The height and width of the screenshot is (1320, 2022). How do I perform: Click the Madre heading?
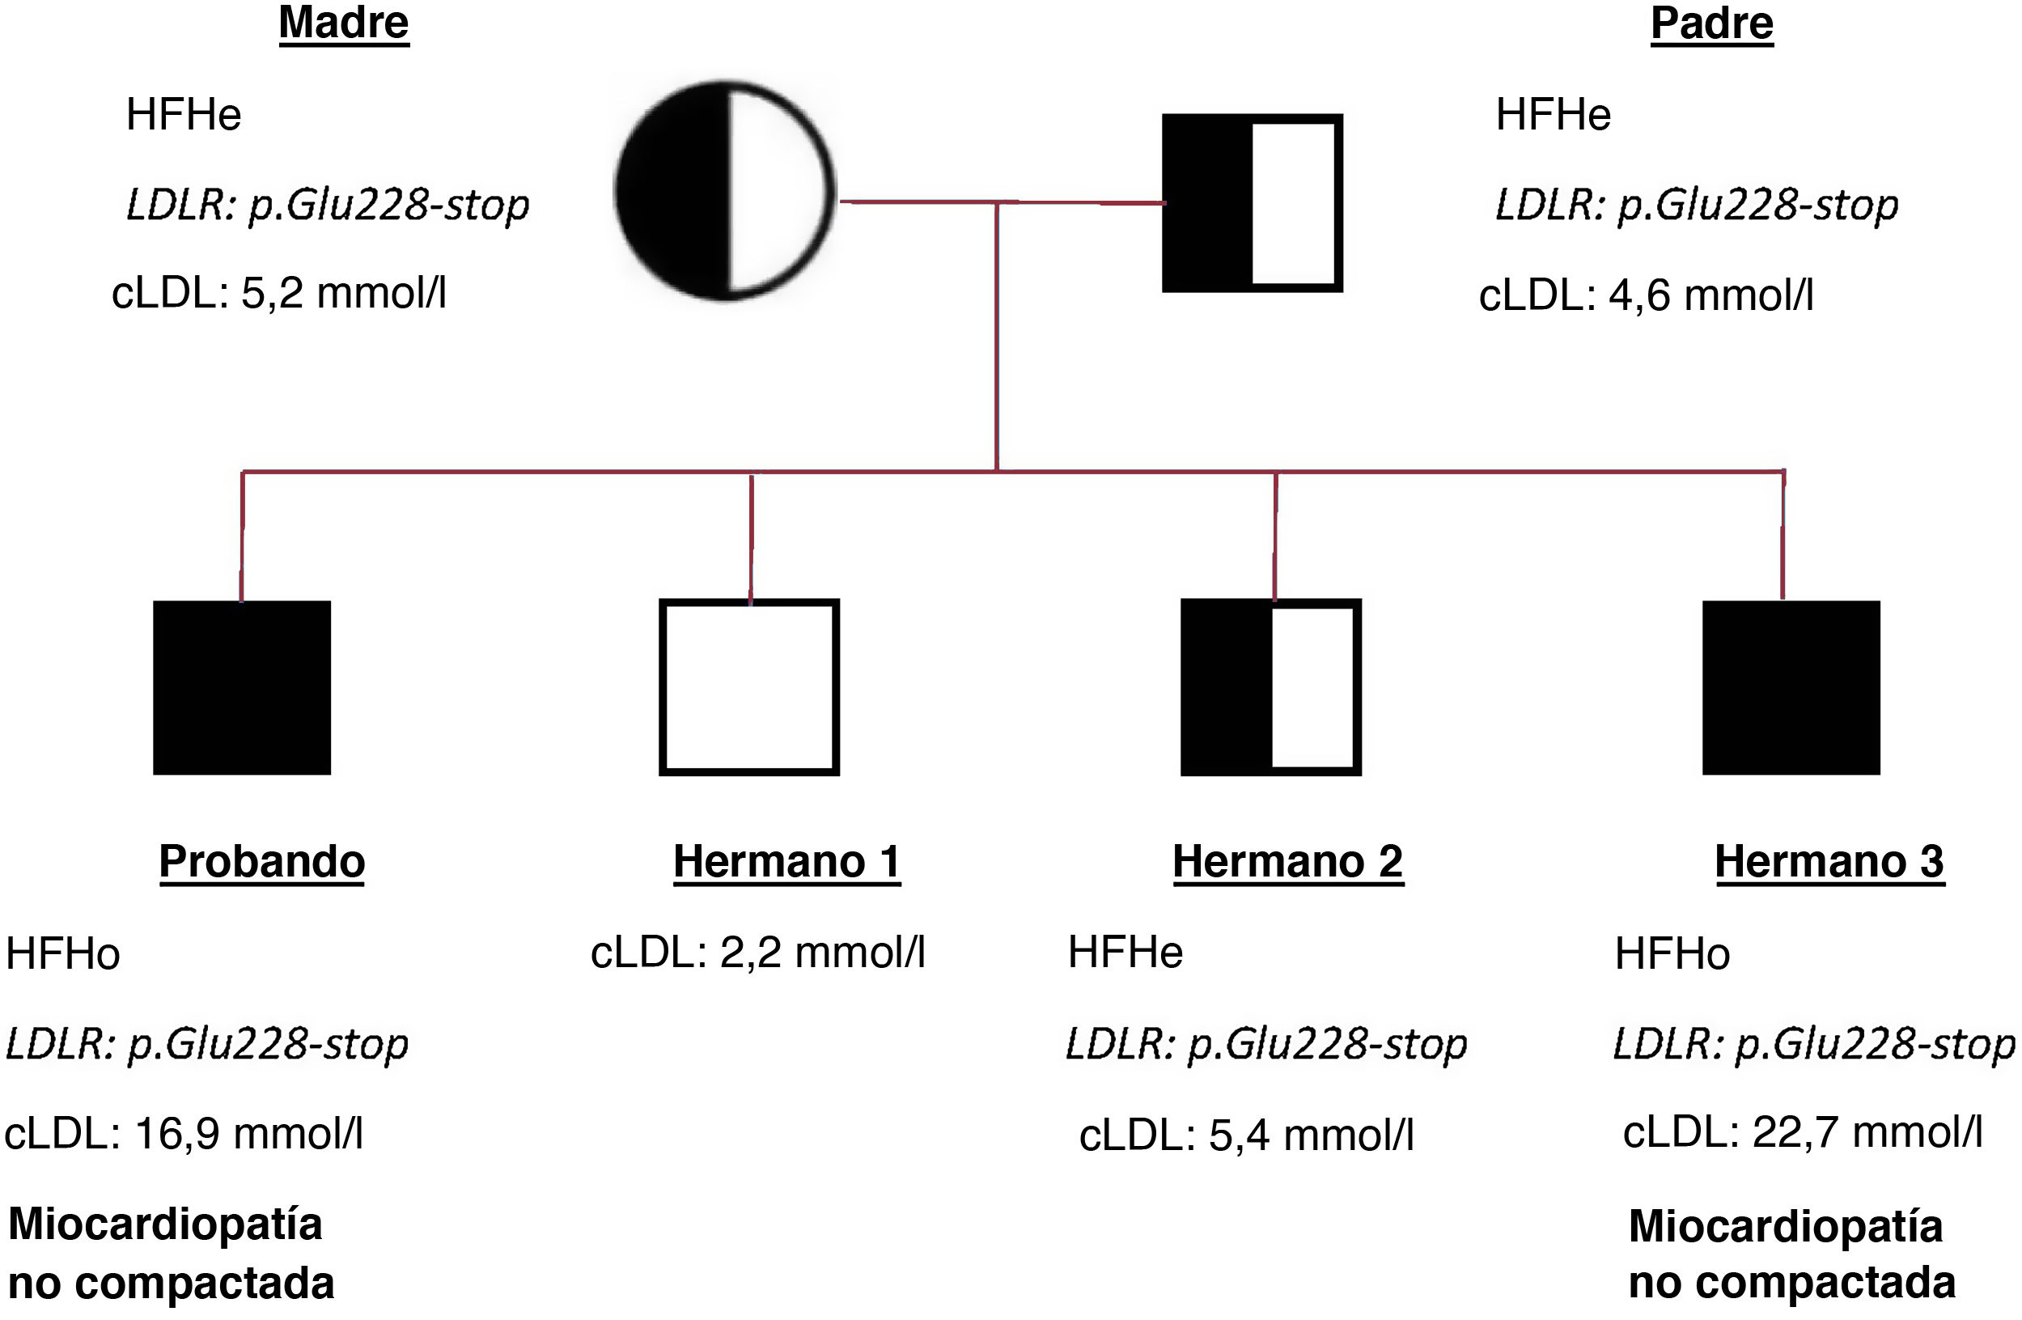tap(343, 23)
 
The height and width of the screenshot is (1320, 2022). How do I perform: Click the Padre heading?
tap(1711, 23)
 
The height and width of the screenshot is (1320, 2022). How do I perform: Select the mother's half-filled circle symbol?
tap(725, 190)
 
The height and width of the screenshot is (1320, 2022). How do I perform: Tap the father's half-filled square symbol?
tap(1252, 202)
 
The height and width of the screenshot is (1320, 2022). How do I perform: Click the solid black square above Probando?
tap(241, 687)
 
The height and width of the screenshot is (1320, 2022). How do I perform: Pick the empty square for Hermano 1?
tap(748, 687)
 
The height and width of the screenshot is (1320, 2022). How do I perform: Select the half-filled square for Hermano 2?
tap(1270, 687)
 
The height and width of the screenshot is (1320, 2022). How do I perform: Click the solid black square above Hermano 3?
tap(1790, 687)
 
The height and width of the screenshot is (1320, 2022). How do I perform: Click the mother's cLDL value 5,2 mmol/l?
tap(278, 293)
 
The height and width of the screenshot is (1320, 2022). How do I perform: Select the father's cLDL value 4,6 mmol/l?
tap(1646, 295)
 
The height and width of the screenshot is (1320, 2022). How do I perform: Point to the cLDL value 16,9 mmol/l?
tap(184, 1133)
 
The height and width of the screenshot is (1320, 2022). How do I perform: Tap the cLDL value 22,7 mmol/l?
tap(1802, 1131)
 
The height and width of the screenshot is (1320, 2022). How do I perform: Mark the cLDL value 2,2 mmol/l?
tap(757, 952)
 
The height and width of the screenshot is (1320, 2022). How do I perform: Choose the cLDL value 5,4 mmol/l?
tap(1245, 1135)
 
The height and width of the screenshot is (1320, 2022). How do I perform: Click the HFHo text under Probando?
tap(63, 953)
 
